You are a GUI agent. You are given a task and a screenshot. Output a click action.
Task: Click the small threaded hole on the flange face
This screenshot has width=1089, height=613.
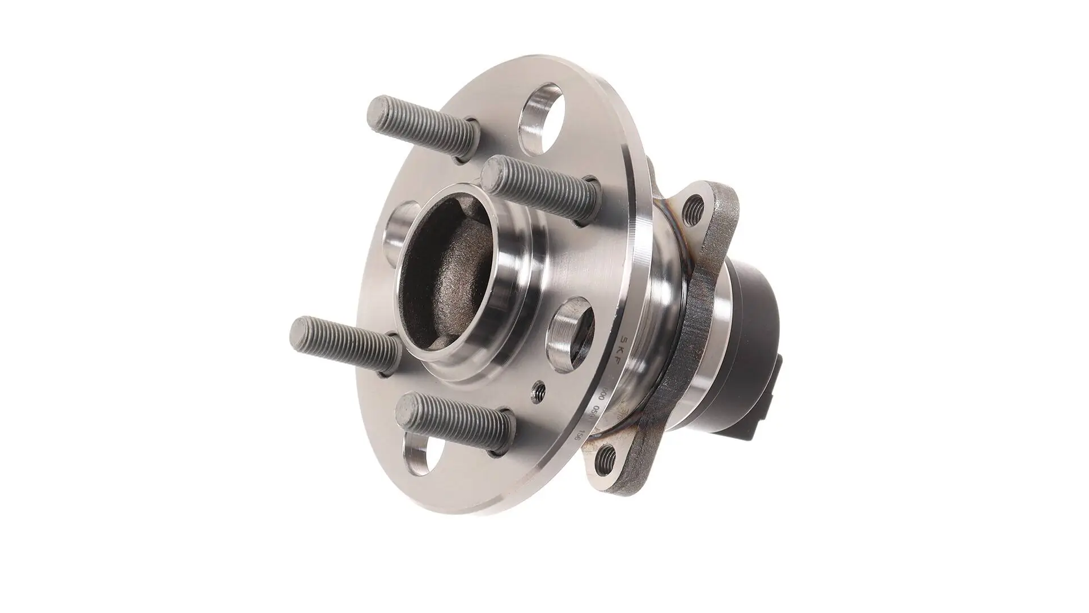point(539,391)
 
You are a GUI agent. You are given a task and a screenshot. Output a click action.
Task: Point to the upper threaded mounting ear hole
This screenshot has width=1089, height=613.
point(694,210)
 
